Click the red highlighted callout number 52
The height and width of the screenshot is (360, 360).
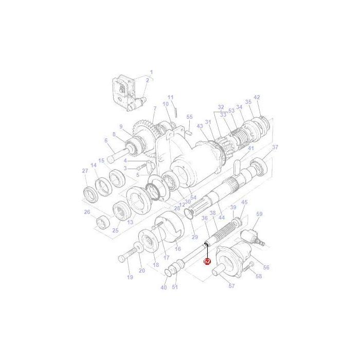click(x=207, y=261)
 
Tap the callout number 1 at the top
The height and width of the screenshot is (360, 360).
click(x=151, y=72)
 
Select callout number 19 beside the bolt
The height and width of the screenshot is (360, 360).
click(x=130, y=277)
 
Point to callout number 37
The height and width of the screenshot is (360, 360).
click(x=275, y=147)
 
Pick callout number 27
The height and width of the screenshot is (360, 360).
click(x=85, y=171)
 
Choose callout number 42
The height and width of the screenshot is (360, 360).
click(x=257, y=97)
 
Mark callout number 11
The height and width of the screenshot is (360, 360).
click(x=171, y=97)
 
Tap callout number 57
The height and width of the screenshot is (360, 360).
click(x=231, y=286)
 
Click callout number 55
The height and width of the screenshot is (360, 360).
click(x=190, y=117)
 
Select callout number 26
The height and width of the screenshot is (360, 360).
click(x=87, y=212)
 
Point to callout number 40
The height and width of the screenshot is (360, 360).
click(x=164, y=287)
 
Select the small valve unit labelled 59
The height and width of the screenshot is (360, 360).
click(x=254, y=237)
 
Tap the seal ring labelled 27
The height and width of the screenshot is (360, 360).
click(x=91, y=194)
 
